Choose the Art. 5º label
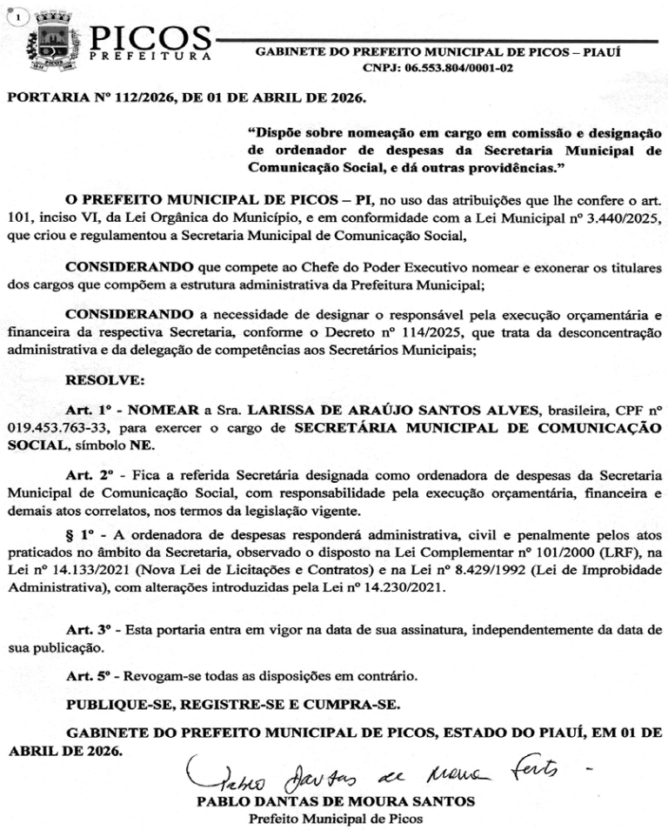[90, 676]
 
